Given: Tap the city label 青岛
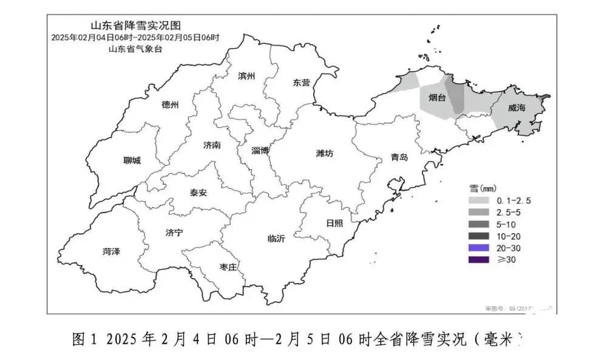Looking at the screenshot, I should tap(399, 157).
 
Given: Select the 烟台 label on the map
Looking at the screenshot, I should tap(437, 98).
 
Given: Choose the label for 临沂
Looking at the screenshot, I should tap(276, 239).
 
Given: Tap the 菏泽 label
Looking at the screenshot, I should tap(111, 251).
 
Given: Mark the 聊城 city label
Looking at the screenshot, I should tap(132, 160).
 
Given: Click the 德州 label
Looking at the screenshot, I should tap(171, 104).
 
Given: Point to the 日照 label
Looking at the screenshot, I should tap(334, 223).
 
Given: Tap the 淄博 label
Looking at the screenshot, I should tap(261, 151).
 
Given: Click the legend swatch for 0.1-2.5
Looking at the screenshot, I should tap(480, 200).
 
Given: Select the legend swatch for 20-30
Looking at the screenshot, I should tap(480, 248).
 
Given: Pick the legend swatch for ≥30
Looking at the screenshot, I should tap(480, 260).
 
